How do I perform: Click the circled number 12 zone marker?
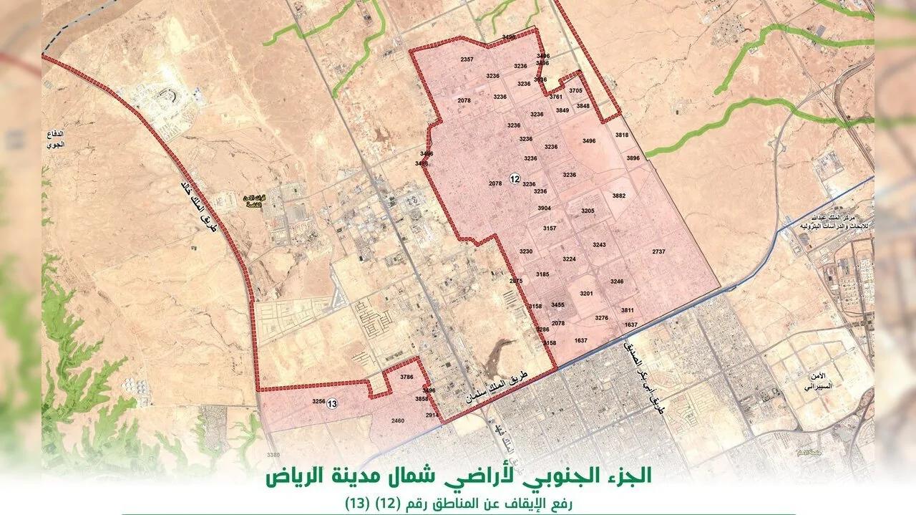[514, 178]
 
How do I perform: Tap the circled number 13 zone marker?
[332, 405]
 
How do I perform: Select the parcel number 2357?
[467, 59]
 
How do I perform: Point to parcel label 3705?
[576, 91]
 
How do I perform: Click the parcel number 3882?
[619, 196]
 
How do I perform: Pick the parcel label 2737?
[659, 251]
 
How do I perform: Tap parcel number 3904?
[545, 208]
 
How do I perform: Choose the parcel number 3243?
[599, 245]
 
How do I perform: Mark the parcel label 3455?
[558, 305]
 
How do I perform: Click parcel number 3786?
[407, 377]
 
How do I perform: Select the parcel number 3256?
[318, 402]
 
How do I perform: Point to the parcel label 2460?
[398, 421]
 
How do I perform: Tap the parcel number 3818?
[621, 135]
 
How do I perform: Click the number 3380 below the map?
[272, 454]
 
